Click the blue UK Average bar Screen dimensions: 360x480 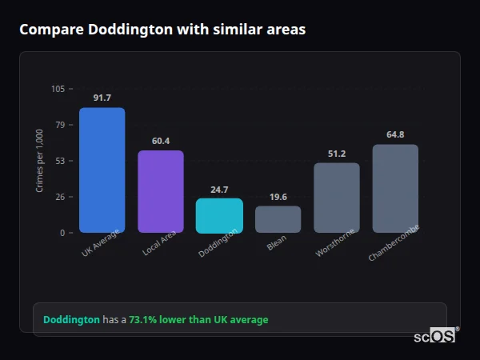pyautogui.click(x=102, y=170)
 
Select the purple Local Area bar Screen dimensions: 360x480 pyautogui.click(x=161, y=191)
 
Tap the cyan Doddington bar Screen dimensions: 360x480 pyautogui.click(x=219, y=215)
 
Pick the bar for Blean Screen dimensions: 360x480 pyautogui.click(x=278, y=219)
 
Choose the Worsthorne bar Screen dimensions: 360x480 pyautogui.click(x=337, y=198)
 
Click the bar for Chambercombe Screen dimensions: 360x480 pyautogui.click(x=395, y=188)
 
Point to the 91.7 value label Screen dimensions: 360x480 pyautogui.click(x=102, y=98)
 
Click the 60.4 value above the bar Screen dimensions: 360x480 pyautogui.click(x=161, y=141)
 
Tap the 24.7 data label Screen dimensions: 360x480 pyautogui.click(x=219, y=190)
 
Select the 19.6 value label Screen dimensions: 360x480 pyautogui.click(x=278, y=197)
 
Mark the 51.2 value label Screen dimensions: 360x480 pyautogui.click(x=337, y=154)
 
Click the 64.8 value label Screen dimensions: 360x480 pyautogui.click(x=395, y=134)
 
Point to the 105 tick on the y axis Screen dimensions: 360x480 pyautogui.click(x=58, y=89)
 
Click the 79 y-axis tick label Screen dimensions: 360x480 pyautogui.click(x=60, y=125)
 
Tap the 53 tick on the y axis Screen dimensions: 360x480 pyautogui.click(x=60, y=161)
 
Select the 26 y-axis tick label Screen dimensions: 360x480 pyautogui.click(x=60, y=197)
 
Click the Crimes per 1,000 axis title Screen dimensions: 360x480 pyautogui.click(x=40, y=161)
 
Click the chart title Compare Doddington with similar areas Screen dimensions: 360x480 pyautogui.click(x=162, y=30)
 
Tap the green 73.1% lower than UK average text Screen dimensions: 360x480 pyautogui.click(x=198, y=319)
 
